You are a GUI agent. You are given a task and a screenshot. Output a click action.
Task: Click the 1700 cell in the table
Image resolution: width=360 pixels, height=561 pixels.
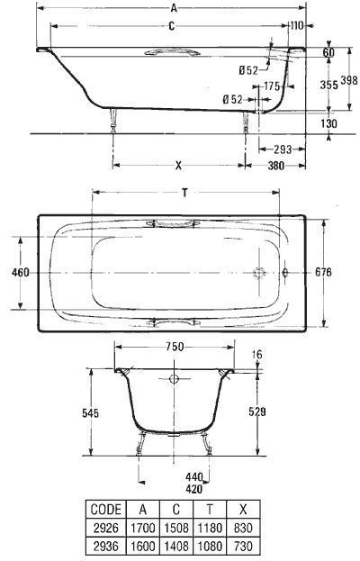coord(143,528)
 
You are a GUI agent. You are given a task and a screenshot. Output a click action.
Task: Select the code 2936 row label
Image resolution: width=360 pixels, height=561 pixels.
coord(105,547)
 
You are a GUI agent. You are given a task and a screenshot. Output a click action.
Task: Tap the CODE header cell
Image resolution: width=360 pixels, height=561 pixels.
coord(106,509)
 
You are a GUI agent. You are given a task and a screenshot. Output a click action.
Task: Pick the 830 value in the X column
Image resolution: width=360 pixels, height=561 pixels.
coord(243,528)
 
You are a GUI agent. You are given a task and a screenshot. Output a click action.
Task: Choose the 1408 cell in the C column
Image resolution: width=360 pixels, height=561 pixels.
coord(176,547)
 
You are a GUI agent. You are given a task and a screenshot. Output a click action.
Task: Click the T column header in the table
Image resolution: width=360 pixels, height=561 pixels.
coord(210,509)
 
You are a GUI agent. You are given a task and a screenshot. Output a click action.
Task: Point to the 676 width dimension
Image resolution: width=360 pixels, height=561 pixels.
coord(323,272)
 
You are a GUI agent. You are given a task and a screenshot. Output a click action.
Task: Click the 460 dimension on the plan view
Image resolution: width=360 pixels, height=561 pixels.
coord(21,273)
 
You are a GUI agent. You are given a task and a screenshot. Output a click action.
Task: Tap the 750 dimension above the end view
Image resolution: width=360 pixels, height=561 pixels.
coord(175,347)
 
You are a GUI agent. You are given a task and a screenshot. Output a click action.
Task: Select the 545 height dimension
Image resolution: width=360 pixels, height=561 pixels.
coord(90,413)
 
